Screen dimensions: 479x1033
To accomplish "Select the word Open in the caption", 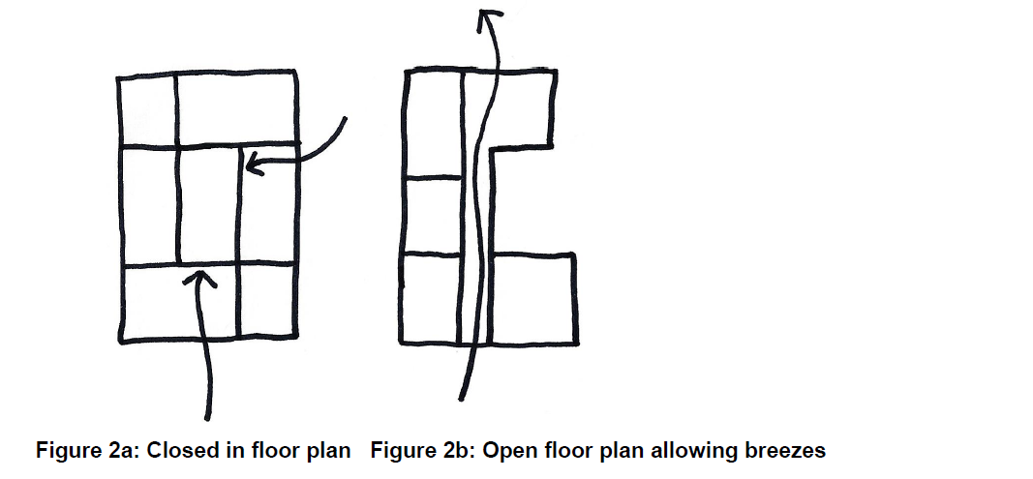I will click(504, 450).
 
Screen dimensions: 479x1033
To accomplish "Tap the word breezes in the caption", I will click(791, 450).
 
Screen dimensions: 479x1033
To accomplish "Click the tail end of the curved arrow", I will click(344, 118).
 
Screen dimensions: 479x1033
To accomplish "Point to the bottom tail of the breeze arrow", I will click(462, 397).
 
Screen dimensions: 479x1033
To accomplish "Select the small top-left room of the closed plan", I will click(147, 109).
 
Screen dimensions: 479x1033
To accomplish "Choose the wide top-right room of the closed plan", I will click(236, 109).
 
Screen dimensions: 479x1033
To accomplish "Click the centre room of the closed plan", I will click(208, 205).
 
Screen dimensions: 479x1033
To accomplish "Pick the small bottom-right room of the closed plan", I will click(266, 301).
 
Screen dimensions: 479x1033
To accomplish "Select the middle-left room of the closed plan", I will click(148, 205).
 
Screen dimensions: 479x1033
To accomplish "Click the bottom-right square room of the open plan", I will click(534, 298).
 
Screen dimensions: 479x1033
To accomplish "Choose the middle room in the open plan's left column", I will click(432, 216).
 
